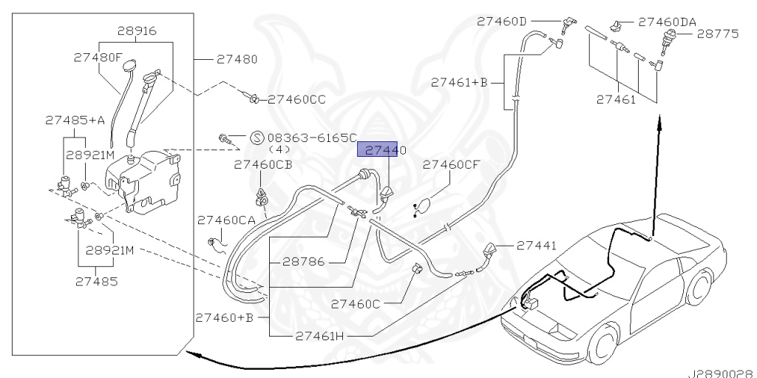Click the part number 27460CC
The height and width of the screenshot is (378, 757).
(x=296, y=98)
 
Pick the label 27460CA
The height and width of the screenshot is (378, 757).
(x=227, y=220)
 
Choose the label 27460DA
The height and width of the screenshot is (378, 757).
(x=667, y=22)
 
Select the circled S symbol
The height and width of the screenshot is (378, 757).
(x=257, y=137)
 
